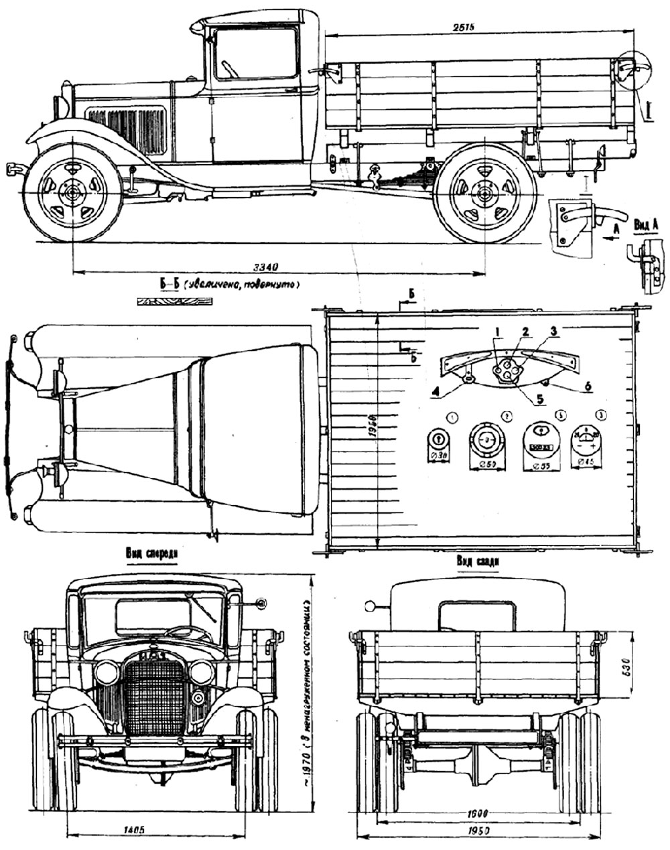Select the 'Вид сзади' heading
[476, 561]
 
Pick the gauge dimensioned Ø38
[436, 441]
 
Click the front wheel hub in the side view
[72, 194]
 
